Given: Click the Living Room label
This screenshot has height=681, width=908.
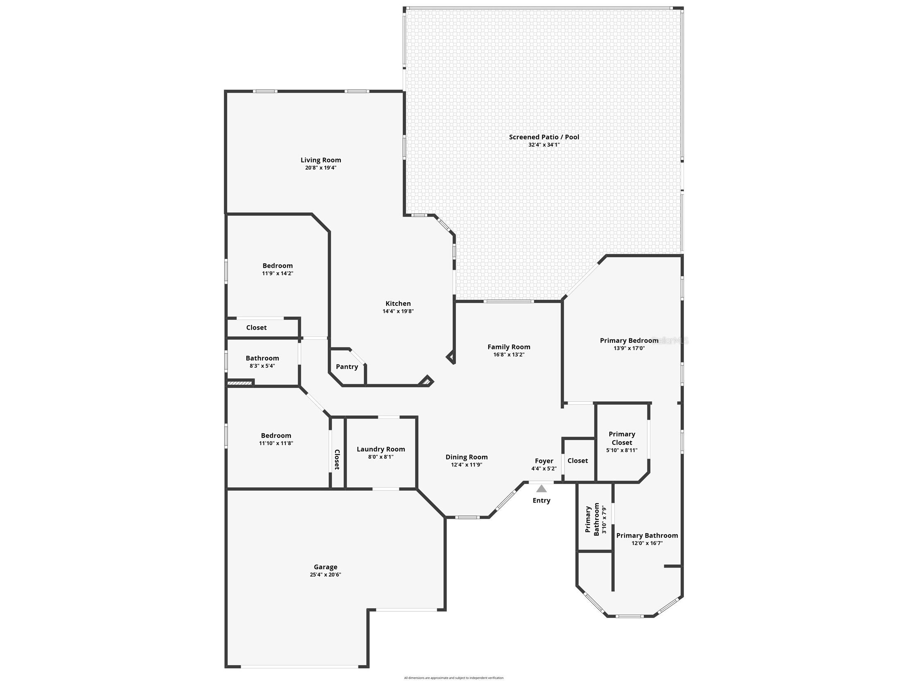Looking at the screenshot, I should tap(321, 160).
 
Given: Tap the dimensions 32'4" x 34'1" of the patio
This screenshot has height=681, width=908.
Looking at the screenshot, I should tap(544, 145).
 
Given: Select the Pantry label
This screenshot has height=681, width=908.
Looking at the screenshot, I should tap(347, 367).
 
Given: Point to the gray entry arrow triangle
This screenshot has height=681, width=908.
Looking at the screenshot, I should tap(541, 489).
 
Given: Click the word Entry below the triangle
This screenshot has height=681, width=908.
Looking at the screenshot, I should tap(541, 500).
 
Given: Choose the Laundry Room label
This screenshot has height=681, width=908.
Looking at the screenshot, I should tap(380, 449).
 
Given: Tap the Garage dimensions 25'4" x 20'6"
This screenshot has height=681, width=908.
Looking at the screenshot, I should tap(325, 575).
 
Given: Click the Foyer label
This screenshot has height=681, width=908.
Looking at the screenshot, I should tap(544, 461).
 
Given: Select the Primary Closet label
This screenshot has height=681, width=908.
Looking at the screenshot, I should tap(621, 438).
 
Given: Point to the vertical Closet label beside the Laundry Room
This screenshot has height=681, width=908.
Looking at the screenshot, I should tap(337, 459).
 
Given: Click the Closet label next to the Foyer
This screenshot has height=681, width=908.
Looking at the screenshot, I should tap(577, 461).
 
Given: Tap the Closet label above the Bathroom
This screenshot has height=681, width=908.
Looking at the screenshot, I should tap(256, 328).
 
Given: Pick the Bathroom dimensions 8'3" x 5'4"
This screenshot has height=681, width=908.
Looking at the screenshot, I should tap(262, 366).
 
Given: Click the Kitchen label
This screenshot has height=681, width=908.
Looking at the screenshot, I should tap(398, 304).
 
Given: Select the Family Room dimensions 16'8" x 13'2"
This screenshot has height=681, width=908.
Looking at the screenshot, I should tap(509, 355).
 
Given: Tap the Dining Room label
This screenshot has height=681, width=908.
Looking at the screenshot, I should tap(466, 457).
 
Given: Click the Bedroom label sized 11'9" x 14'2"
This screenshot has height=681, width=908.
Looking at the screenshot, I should tap(278, 266).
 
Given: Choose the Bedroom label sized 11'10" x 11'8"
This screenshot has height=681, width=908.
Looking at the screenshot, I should tap(276, 436).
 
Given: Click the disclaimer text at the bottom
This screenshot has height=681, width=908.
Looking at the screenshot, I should tap(453, 678).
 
